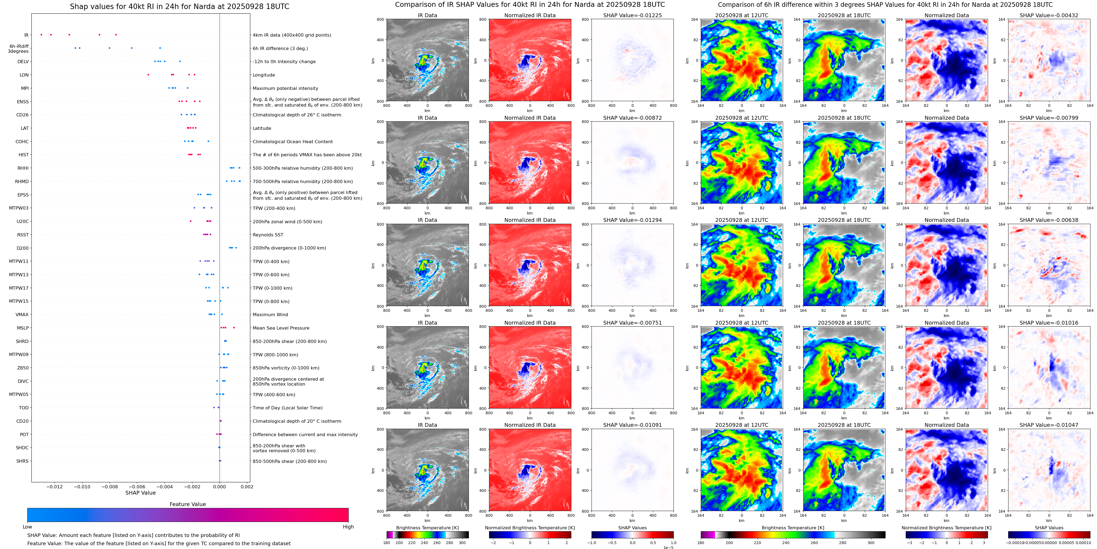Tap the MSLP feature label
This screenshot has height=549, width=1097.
coord(23,328)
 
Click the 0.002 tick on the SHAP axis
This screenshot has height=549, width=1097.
coord(247,487)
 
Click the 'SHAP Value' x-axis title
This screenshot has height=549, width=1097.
coord(140,493)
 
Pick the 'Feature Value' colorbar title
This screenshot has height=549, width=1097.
coord(187,504)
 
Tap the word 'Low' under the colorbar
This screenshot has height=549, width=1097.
coord(27,527)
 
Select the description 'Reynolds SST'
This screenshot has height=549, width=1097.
coord(267,235)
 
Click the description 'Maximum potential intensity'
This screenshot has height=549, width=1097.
coord(285,88)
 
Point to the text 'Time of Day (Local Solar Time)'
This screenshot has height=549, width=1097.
coord(287,408)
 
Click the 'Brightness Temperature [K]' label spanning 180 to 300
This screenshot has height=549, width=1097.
coord(427,528)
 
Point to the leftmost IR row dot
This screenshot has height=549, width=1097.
coord(41,34)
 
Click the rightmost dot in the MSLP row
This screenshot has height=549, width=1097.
coord(234,328)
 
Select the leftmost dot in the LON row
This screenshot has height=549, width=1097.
coord(148,75)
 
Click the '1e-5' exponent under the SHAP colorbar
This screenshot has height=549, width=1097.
coord(668,547)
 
